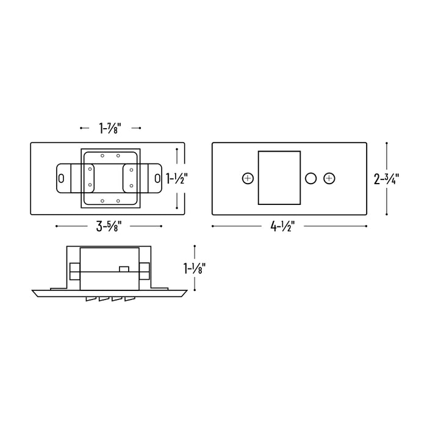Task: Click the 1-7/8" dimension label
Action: [x=110, y=128]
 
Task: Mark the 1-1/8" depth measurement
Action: [x=194, y=268]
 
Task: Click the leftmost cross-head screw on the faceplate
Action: [x=247, y=178]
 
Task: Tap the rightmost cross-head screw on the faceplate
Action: [x=329, y=178]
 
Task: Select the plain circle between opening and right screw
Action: [x=310, y=178]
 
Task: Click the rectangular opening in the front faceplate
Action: [x=279, y=178]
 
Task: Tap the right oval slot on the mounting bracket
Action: [x=158, y=178]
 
